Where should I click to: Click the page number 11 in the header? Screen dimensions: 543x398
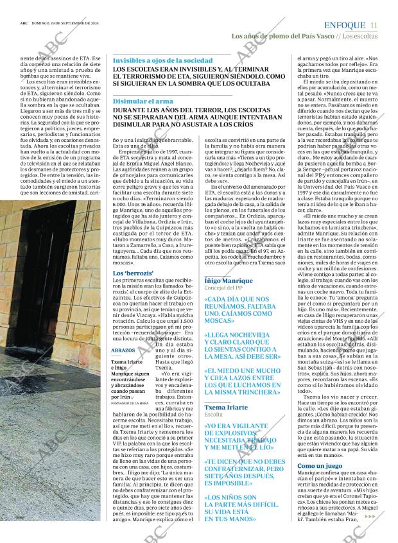tap(374, 25)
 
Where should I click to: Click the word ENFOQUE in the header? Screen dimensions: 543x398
tap(345, 25)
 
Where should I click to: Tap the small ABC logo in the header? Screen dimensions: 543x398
tap(23, 26)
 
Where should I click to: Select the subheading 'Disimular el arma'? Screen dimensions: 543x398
tap(143, 101)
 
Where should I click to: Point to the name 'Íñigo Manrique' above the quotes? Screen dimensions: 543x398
tap(228, 281)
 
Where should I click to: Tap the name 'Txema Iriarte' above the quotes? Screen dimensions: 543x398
tap(226, 408)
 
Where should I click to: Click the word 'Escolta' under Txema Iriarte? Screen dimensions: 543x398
tap(214, 415)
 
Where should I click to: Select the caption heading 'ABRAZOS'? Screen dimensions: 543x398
tap(123, 351)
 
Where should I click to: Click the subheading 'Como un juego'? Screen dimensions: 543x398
tap(320, 465)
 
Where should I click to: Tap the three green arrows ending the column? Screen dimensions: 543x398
tap(370, 515)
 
